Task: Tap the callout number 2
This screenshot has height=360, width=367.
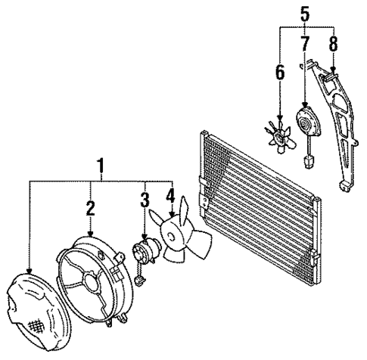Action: click(x=90, y=207)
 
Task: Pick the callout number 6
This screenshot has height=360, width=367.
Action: click(x=279, y=73)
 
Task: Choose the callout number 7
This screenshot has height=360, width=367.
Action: click(x=305, y=43)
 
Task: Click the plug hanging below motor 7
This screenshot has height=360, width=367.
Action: click(x=308, y=160)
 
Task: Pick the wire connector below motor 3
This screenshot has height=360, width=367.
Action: click(x=139, y=282)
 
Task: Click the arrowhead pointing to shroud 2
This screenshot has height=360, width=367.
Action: click(x=90, y=234)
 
